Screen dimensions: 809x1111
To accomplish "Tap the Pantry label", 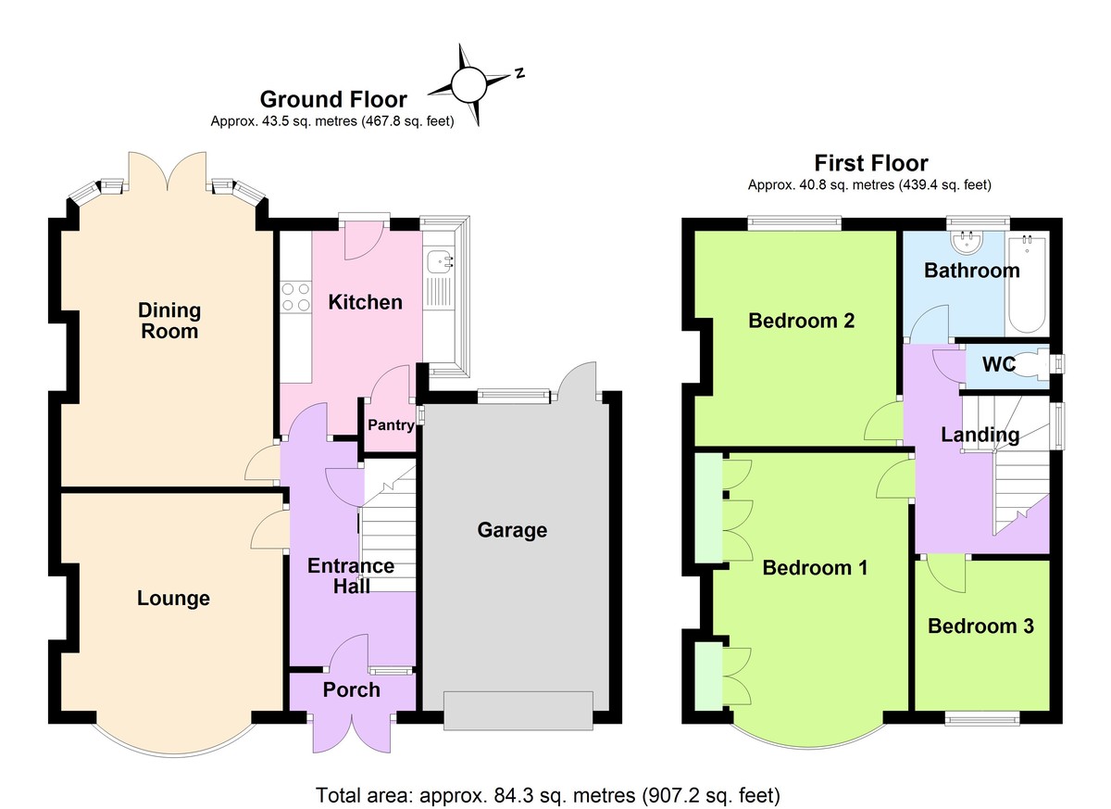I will [390, 425].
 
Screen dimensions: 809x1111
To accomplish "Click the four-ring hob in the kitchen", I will [295, 295].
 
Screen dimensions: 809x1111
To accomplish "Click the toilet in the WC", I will [1038, 364].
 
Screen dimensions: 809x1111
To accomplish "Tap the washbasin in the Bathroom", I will [967, 243].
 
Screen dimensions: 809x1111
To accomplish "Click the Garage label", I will [512, 530].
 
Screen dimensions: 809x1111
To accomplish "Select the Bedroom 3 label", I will [980, 626].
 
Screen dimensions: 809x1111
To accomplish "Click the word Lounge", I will [173, 599].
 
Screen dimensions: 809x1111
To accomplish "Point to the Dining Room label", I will [169, 320].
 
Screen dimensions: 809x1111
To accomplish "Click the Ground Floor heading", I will [333, 99].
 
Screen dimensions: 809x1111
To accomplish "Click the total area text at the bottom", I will [555, 794].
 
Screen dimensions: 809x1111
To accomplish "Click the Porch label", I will [351, 689].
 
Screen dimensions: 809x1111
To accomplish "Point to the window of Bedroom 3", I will [981, 716].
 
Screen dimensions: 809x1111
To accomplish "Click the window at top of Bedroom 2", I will [794, 221].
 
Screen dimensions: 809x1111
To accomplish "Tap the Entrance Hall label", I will [351, 575].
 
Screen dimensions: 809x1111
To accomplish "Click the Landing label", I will [980, 435].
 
